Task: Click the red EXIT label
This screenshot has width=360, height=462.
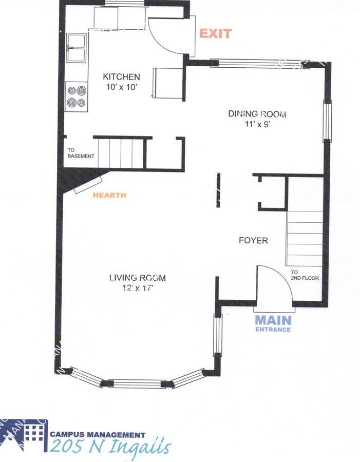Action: (216, 34)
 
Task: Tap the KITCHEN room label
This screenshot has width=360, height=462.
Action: (121, 77)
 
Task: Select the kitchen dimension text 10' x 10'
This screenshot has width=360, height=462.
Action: (121, 87)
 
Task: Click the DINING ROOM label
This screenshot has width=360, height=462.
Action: (257, 114)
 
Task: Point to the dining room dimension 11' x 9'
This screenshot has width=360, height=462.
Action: (257, 124)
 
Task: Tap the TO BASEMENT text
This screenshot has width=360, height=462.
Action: (81, 153)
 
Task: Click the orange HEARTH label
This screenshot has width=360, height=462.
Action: (109, 196)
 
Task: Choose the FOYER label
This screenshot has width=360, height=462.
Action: (253, 240)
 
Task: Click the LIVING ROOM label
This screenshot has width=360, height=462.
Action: (137, 278)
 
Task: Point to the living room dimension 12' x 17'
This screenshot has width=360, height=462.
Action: (137, 288)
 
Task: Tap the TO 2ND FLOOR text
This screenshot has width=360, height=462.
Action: (305, 275)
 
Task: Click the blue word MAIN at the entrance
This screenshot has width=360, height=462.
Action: (273, 320)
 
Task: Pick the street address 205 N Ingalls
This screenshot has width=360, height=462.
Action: (110, 447)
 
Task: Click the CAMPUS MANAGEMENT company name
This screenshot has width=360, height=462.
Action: (98, 434)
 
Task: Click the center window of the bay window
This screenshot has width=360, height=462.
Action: (137, 383)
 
